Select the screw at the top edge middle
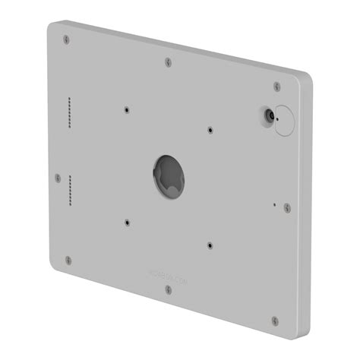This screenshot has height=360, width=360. [169, 62]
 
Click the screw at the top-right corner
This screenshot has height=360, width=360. [277, 87]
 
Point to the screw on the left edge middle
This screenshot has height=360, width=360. [58, 177]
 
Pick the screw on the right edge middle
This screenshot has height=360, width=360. [286, 207]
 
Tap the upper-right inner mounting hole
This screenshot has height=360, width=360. [210, 129]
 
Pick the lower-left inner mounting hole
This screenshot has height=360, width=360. [126, 223]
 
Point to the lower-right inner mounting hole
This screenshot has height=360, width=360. [210, 245]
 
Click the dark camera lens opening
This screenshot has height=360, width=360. [268, 115]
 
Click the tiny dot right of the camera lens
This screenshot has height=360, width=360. [279, 118]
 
